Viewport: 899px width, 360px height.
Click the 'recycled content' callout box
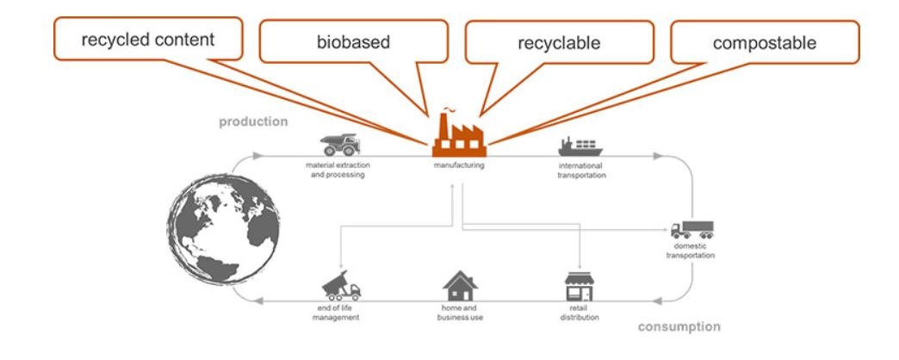[x=148, y=40]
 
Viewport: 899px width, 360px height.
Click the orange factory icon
[x=458, y=133]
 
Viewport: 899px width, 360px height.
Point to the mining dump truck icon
[x=337, y=144]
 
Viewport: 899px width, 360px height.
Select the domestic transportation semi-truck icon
[x=692, y=230]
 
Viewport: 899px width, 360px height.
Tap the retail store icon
[x=580, y=287]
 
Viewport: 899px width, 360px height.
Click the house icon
[x=460, y=286]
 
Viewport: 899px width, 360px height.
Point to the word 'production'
[x=253, y=121]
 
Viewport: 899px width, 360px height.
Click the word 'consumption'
[x=679, y=326]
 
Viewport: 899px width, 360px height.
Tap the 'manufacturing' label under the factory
[x=458, y=164]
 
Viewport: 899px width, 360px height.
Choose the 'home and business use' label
[x=460, y=313]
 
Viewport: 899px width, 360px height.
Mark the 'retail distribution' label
[x=580, y=313]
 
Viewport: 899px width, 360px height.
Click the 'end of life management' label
[x=338, y=313]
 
